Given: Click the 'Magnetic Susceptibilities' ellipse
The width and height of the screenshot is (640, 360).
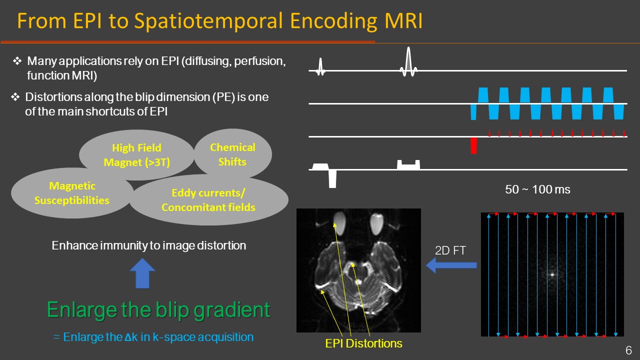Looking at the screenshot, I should [72, 193].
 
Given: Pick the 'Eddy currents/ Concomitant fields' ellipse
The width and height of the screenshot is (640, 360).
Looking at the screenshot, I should [208, 200].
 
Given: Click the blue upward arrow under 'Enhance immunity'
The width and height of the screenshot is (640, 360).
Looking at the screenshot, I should [142, 273].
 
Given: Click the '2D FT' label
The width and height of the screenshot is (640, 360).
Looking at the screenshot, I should [450, 250].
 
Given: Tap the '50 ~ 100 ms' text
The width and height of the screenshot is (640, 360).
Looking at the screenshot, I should [537, 189].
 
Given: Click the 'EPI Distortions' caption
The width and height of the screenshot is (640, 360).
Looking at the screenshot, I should [362, 343].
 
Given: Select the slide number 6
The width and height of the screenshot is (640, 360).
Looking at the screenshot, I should [628, 350].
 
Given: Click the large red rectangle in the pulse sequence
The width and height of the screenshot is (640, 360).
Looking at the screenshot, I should [473, 145].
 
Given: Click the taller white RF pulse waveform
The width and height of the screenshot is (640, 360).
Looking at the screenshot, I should [408, 62].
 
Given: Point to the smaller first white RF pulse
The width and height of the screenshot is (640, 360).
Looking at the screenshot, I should [320, 66].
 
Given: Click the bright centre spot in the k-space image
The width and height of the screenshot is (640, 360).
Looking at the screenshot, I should [552, 274].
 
